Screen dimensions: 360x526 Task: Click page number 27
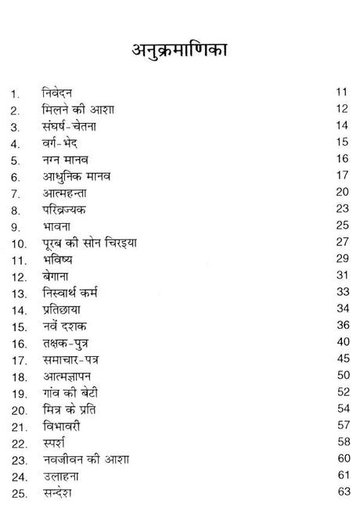340,242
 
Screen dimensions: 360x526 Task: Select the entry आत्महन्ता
69,193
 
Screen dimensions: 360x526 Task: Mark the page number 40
340,342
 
